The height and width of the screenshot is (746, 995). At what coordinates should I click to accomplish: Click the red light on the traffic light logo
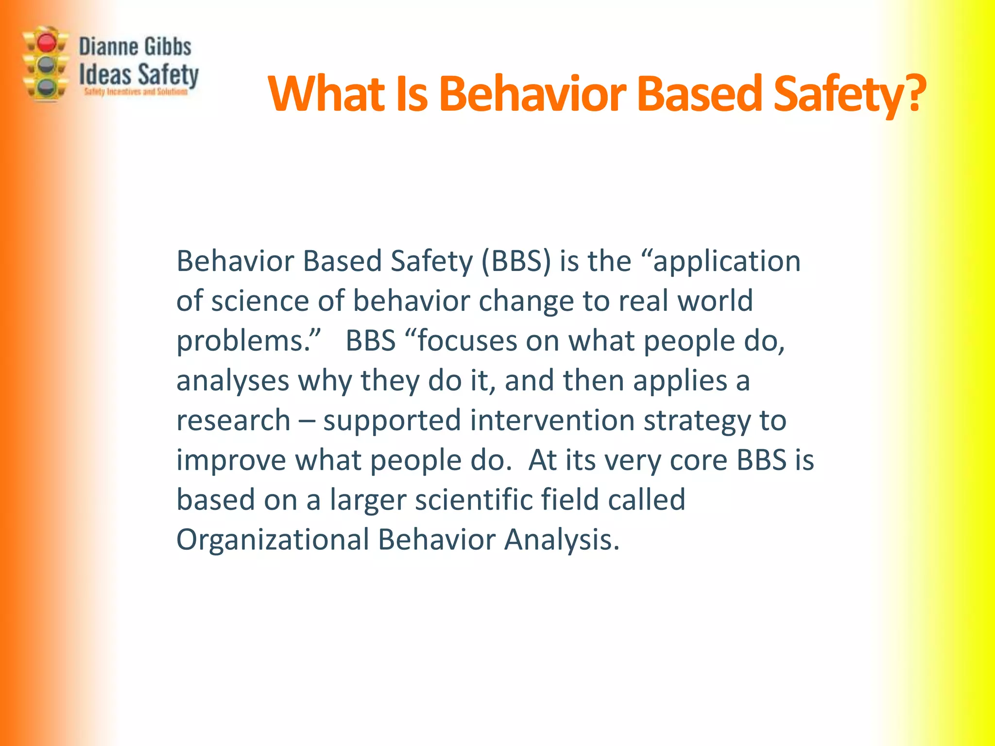[x=47, y=43]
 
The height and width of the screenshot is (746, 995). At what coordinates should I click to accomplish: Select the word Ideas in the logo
[x=105, y=75]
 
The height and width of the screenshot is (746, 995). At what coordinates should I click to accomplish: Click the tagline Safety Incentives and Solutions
[x=136, y=92]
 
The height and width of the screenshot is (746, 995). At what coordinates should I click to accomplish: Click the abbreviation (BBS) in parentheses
[x=516, y=262]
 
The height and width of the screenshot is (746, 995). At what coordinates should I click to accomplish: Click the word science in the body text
[x=260, y=301]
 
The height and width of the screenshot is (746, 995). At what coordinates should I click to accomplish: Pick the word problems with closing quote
[x=248, y=341]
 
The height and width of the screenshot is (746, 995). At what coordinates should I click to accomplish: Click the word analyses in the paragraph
[x=233, y=381]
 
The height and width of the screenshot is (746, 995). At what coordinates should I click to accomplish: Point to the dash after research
[x=307, y=421]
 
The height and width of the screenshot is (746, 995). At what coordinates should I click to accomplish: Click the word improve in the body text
[x=231, y=460]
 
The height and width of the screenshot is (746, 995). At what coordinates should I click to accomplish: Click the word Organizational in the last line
[x=273, y=540]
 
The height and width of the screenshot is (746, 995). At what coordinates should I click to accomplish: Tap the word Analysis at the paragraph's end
[x=561, y=540]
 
